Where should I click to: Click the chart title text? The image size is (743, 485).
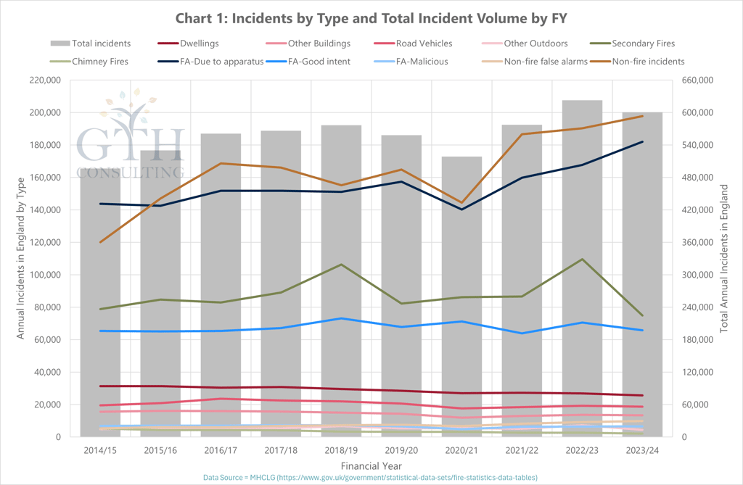point(371,17)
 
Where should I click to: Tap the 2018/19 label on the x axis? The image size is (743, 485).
point(341,451)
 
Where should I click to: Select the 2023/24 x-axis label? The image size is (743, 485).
point(642,451)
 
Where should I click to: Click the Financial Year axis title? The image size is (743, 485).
point(371,465)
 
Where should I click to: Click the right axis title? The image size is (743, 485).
point(724,257)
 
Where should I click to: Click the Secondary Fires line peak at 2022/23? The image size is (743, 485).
point(582,259)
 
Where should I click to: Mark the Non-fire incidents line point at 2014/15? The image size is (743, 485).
point(101,242)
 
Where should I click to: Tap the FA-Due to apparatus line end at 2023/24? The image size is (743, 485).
point(642,142)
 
